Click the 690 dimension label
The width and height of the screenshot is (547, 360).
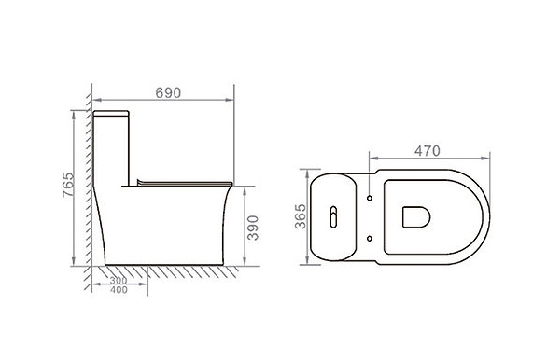click(x=168, y=92)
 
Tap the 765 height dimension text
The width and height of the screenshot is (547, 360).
click(x=68, y=185)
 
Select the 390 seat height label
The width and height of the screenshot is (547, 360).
click(x=253, y=228)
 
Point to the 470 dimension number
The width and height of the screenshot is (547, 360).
click(x=428, y=151)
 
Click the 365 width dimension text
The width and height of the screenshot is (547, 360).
click(x=300, y=216)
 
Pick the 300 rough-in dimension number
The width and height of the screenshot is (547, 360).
click(x=119, y=280)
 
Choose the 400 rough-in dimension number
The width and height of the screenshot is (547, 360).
click(x=119, y=290)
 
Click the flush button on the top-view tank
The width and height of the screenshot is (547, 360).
click(x=333, y=216)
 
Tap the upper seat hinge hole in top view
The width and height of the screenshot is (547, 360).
click(x=370, y=198)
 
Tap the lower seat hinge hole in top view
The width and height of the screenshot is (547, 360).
click(x=370, y=239)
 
